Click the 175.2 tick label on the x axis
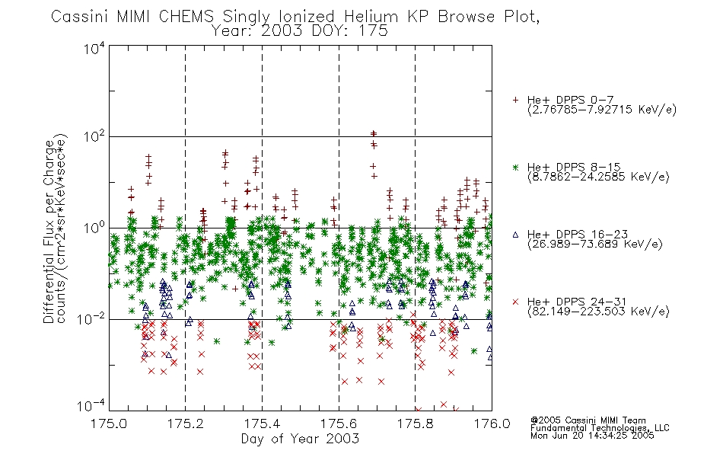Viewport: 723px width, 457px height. coord(186,423)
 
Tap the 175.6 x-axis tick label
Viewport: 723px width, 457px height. coord(339,423)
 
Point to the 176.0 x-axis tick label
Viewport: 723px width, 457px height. coord(492,423)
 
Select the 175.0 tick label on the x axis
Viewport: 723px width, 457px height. coord(109,423)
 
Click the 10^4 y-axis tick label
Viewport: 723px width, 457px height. coord(94,48)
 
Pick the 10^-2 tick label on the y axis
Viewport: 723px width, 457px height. coord(91,318)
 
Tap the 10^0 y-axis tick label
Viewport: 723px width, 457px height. coord(94,227)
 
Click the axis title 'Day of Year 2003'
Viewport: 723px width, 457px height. coord(300,439)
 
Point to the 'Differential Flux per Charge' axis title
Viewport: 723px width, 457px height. coord(48,231)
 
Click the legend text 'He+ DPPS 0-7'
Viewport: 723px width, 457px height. coord(571,100)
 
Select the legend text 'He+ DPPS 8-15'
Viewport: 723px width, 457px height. coord(575,167)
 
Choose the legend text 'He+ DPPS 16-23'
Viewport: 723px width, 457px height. coord(578,234)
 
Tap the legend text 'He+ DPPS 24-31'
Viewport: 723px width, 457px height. coord(578,302)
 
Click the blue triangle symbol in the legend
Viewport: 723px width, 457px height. coord(515,235)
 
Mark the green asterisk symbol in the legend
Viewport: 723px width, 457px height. coord(515,168)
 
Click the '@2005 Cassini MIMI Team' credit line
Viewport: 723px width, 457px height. coord(588,420)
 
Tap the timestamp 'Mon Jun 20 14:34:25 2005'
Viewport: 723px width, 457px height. coord(592,436)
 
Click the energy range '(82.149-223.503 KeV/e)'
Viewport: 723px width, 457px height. coord(598,311)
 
